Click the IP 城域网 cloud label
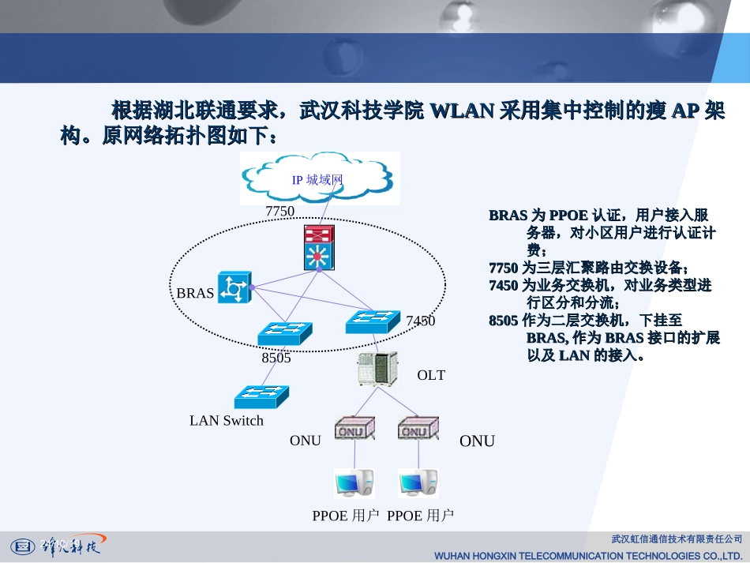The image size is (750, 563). (x=317, y=180)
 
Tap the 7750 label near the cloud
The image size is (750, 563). (x=279, y=211)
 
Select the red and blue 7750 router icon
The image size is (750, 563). (x=319, y=248)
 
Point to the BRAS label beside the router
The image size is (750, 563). (x=195, y=293)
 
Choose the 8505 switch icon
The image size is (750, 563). (x=284, y=333)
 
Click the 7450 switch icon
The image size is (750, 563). (x=373, y=321)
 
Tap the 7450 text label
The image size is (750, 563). (x=420, y=321)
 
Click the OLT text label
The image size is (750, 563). (x=431, y=375)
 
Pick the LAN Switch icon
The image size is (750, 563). (x=261, y=396)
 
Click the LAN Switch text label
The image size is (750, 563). (x=227, y=421)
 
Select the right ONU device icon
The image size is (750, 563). (x=417, y=428)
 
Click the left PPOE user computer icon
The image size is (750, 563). (x=353, y=482)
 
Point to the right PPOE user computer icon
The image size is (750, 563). (x=418, y=482)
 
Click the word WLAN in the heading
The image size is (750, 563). (x=462, y=110)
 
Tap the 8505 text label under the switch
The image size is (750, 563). (x=276, y=358)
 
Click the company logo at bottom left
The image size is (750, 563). (x=55, y=545)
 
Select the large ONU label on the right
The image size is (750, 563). (x=477, y=441)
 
